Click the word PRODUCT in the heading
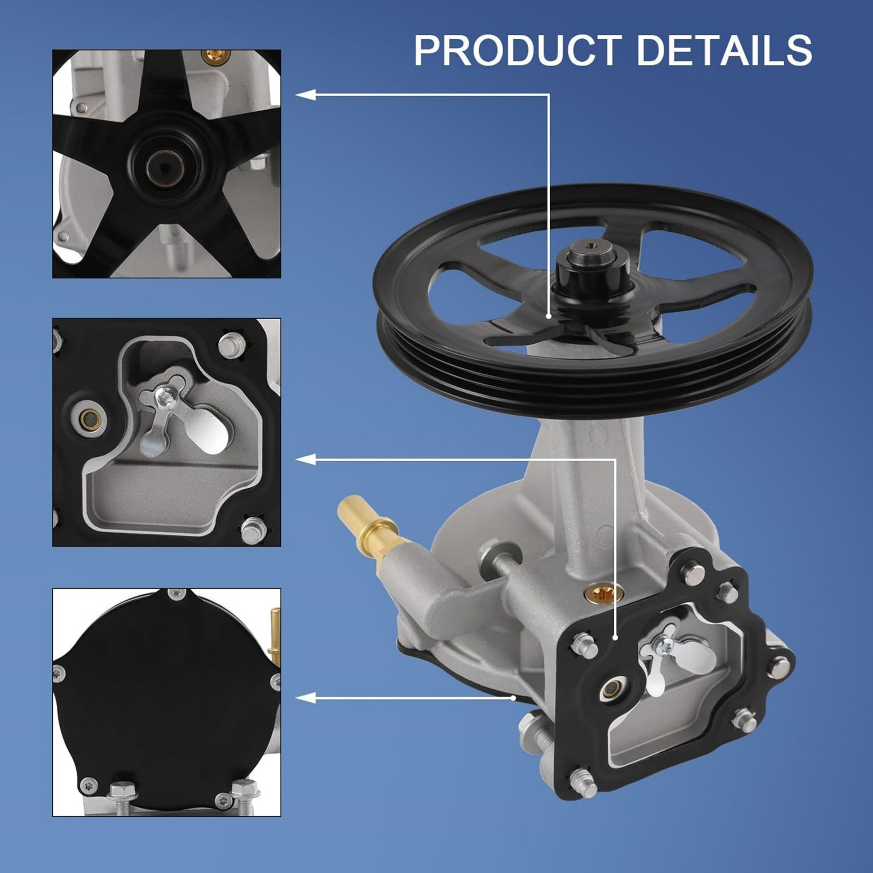point(518,50)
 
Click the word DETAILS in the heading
point(724,50)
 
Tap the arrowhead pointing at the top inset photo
point(306,95)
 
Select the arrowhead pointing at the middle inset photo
point(306,460)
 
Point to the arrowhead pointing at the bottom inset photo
point(306,697)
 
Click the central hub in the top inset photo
point(164,162)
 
